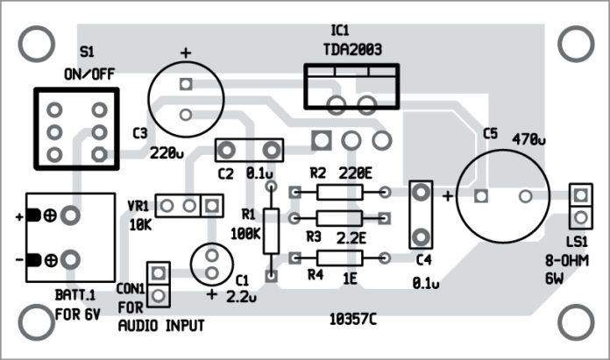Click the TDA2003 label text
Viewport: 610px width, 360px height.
[351, 49]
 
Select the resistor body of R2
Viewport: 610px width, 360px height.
[340, 192]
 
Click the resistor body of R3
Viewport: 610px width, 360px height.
[340, 216]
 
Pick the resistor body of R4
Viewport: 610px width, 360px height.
[340, 258]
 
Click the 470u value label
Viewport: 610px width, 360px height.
[528, 138]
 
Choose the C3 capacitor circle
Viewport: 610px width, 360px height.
[185, 98]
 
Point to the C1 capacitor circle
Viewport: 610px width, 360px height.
[211, 264]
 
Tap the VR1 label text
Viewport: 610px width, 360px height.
[139, 206]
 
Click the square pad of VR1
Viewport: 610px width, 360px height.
[211, 205]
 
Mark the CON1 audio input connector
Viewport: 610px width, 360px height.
[158, 284]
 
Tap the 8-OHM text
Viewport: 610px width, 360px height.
[578, 261]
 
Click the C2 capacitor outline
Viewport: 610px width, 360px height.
[250, 150]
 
